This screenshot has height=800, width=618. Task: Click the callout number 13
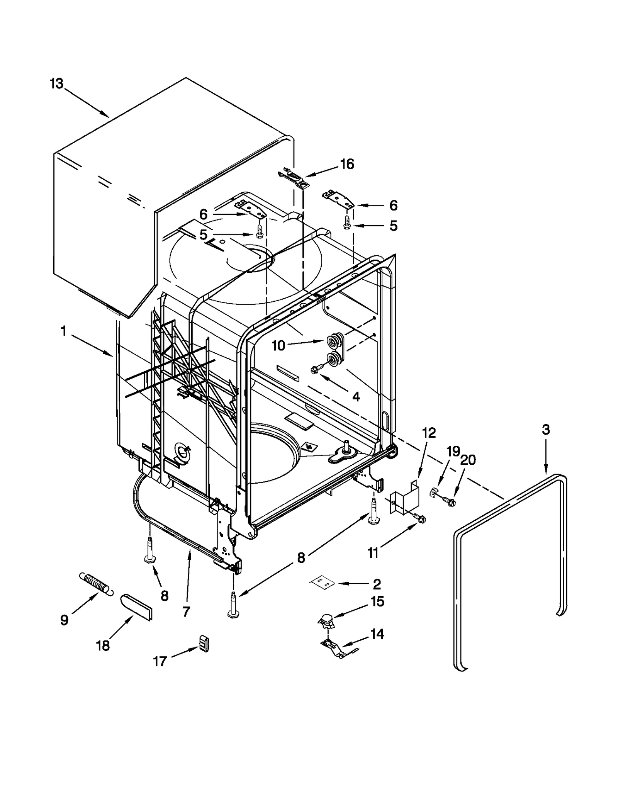(57, 83)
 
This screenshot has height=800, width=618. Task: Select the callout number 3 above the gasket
(545, 430)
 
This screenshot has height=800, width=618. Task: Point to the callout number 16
(347, 164)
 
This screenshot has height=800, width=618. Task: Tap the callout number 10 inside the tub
(278, 346)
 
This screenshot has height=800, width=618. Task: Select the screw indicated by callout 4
(314, 370)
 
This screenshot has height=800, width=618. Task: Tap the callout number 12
(429, 433)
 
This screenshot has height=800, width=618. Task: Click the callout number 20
(468, 460)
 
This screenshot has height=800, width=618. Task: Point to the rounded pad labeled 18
(136, 607)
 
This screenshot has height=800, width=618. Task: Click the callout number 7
(186, 611)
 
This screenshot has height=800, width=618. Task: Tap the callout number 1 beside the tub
(63, 331)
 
